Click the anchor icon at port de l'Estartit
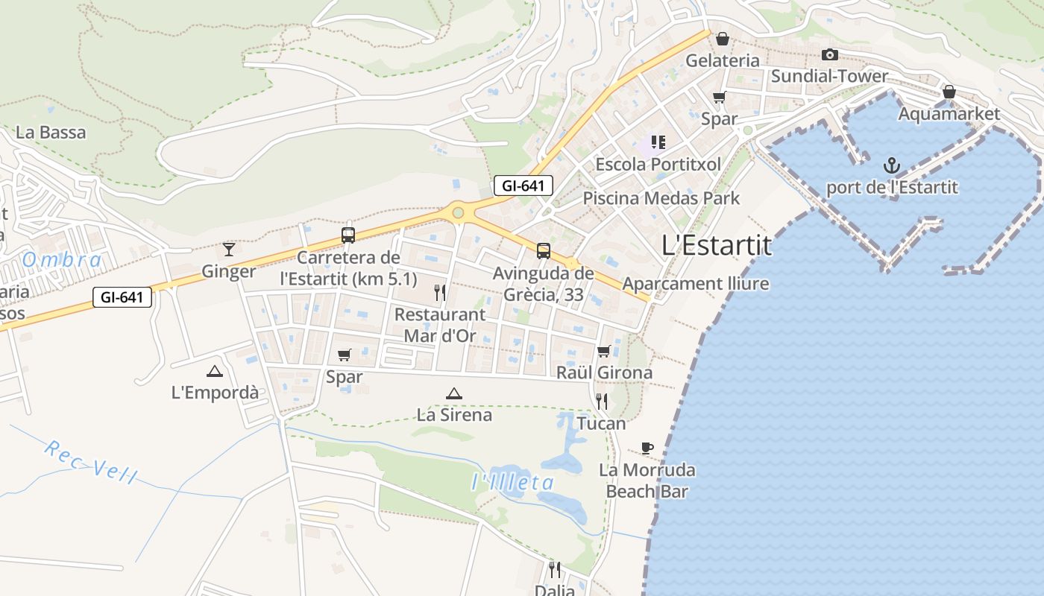(x=891, y=165)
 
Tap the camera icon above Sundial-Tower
(x=829, y=54)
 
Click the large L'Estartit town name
(x=717, y=245)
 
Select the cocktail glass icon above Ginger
(x=229, y=249)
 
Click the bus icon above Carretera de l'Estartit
(x=348, y=235)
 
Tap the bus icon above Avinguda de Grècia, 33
(x=544, y=251)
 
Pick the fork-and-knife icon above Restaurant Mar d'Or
(x=440, y=292)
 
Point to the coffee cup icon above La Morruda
(x=647, y=448)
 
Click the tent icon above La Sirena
(x=453, y=393)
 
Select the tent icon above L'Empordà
(x=215, y=371)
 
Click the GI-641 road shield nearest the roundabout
(x=523, y=186)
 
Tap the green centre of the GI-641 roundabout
(x=458, y=213)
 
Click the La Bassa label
(x=51, y=133)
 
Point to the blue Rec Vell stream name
(x=90, y=462)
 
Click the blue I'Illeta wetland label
(x=513, y=483)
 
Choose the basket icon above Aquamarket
(x=949, y=92)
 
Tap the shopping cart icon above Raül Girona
(x=604, y=350)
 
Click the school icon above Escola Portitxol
(x=658, y=142)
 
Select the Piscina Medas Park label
(x=661, y=198)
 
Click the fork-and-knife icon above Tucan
(x=602, y=402)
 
